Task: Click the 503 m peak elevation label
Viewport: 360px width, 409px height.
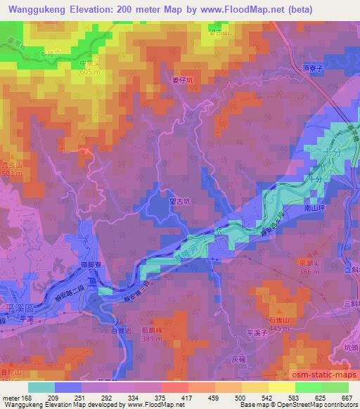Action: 11,172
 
